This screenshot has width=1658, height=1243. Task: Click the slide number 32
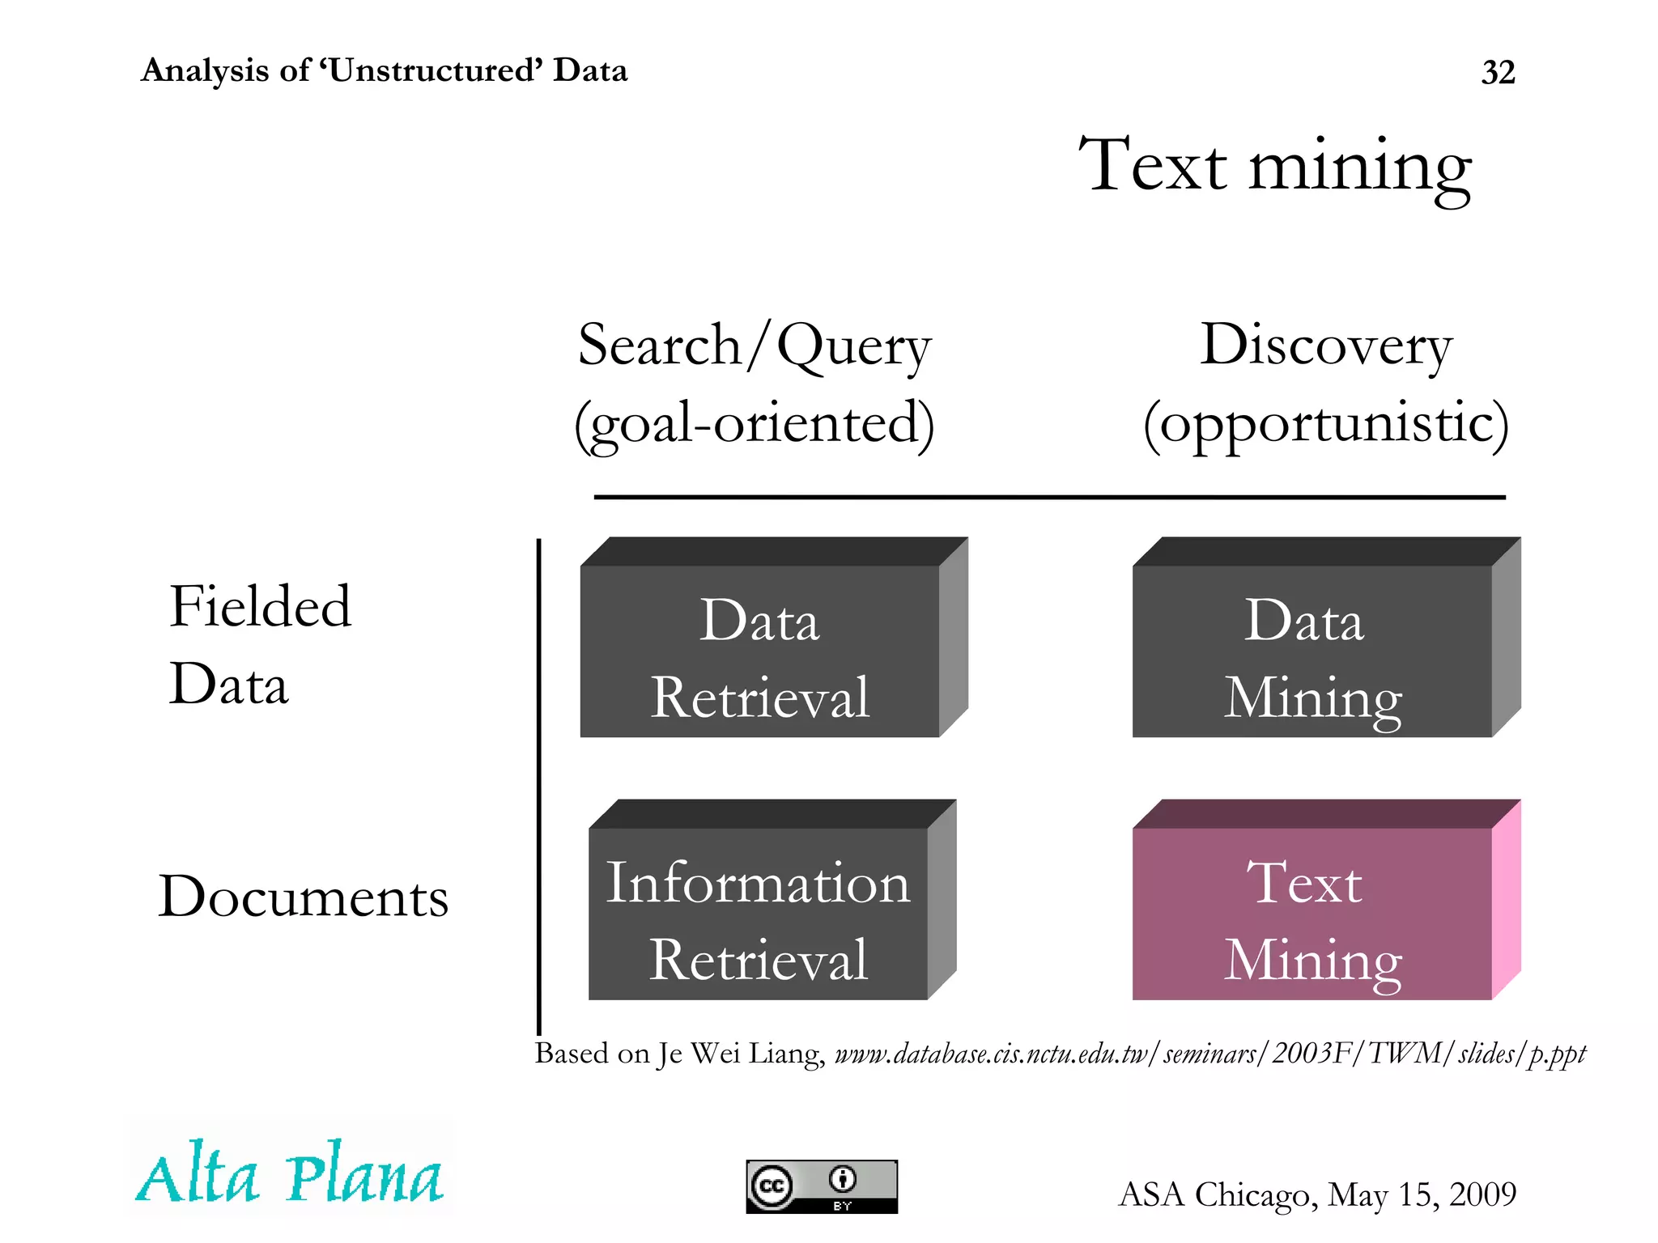tap(1498, 73)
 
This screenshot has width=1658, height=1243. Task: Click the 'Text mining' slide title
tap(1275, 166)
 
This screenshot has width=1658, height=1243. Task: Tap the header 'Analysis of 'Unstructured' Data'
tap(384, 70)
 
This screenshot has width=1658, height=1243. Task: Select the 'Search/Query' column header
tap(755, 346)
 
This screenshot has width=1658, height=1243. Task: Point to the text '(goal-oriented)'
tap(755, 422)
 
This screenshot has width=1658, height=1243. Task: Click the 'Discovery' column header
tap(1326, 346)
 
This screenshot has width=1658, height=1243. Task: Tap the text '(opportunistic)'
tap(1326, 422)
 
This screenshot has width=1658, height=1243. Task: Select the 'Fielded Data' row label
tap(259, 644)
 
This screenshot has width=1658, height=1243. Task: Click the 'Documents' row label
tap(303, 897)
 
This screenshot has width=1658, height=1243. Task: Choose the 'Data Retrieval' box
tap(760, 651)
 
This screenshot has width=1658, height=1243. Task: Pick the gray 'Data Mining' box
tap(1312, 651)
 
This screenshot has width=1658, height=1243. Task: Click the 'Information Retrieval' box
tap(759, 914)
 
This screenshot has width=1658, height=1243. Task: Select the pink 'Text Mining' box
tap(1312, 914)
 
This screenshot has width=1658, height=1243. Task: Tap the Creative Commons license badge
tap(822, 1186)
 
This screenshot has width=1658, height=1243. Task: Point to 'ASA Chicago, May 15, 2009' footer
tap(1317, 1194)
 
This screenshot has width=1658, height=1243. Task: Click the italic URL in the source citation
tap(1210, 1054)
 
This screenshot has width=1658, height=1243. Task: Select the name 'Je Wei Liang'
tap(741, 1054)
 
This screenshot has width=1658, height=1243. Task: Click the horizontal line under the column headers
tap(1049, 497)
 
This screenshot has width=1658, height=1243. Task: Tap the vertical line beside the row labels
tap(538, 785)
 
